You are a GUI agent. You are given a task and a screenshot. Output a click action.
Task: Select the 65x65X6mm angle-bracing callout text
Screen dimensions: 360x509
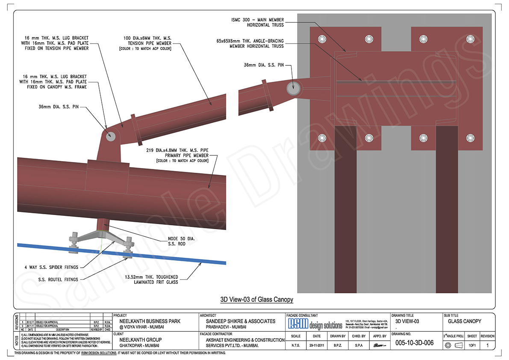click(x=250, y=44)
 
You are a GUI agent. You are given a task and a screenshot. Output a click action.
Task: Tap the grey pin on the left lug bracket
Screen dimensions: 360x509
click(x=110, y=136)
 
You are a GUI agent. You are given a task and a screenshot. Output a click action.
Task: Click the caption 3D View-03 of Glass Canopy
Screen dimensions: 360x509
click(x=256, y=299)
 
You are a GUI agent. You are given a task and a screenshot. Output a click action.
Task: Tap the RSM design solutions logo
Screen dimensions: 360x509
click(x=315, y=324)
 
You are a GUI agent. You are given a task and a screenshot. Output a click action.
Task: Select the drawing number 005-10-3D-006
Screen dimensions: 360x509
click(x=414, y=342)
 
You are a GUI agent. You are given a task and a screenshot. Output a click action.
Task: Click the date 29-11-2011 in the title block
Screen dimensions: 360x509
click(x=317, y=345)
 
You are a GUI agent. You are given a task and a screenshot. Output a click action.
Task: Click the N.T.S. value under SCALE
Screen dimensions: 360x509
click(x=295, y=345)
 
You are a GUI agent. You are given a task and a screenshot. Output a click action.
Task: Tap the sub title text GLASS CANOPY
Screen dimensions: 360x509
click(x=464, y=321)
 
